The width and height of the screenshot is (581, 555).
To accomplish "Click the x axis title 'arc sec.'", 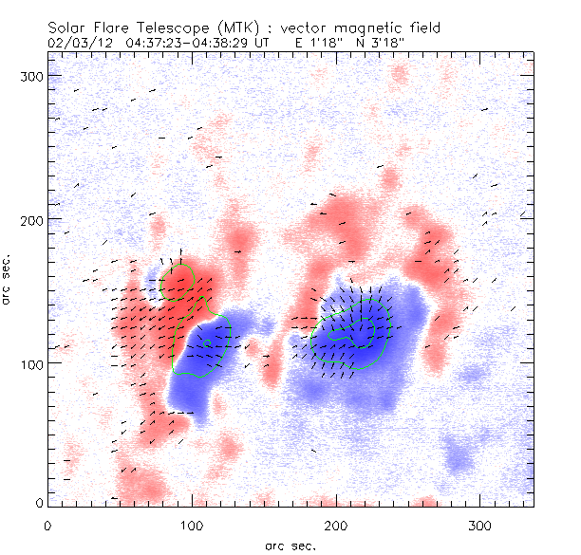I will coord(290,545).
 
